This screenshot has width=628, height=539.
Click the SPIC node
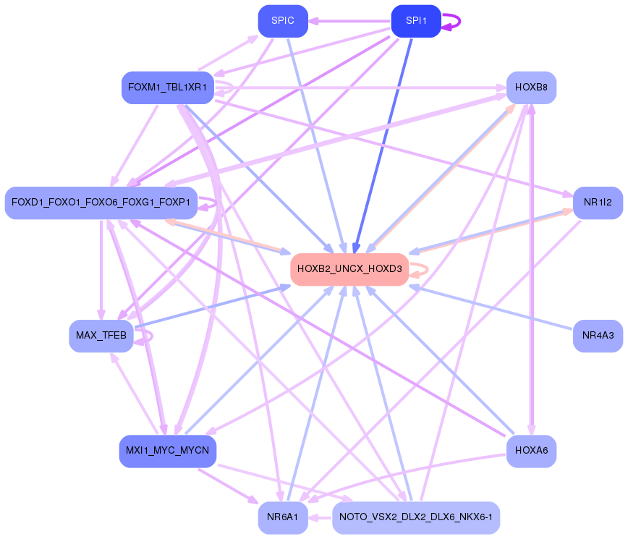283,20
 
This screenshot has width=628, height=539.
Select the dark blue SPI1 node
416,20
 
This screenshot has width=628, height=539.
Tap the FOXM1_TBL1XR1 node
167,88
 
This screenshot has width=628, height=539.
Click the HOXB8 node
531,88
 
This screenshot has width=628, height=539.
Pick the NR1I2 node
598,203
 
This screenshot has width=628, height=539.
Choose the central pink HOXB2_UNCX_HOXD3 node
349,269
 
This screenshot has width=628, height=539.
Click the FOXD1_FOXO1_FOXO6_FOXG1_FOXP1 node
101,203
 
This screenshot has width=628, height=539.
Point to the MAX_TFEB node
101,336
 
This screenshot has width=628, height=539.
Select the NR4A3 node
598,336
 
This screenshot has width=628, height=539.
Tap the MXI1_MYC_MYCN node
167,451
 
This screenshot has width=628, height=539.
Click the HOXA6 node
531,451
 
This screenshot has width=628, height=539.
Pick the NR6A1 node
283,517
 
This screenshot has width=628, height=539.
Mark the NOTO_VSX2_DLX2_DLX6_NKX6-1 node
416,517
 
